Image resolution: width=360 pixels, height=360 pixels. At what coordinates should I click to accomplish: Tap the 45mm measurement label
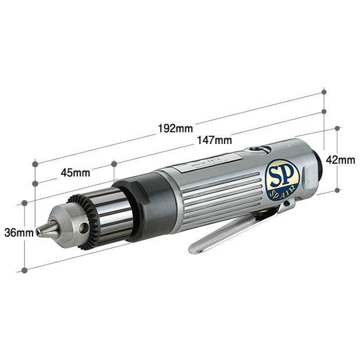[75, 172]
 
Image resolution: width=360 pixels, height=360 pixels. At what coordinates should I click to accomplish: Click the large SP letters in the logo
[282, 174]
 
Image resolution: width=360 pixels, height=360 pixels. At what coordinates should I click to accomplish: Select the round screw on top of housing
[255, 150]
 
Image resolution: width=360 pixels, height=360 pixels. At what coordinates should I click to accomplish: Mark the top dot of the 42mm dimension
[337, 129]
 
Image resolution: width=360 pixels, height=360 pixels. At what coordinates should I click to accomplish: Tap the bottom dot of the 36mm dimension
[24, 270]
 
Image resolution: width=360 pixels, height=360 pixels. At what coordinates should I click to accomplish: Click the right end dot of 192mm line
[324, 92]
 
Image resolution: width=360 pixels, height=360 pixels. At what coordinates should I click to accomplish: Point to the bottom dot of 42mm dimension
[337, 190]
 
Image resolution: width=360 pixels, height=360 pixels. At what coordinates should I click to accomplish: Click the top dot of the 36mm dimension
[24, 203]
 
